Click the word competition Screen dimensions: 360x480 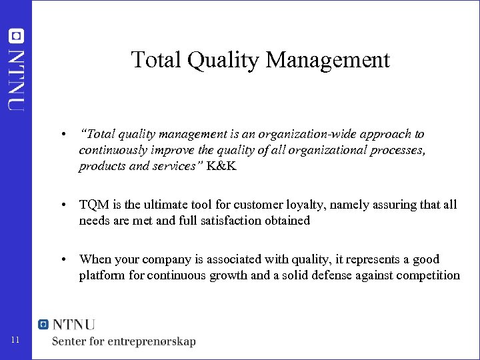pos(427,275)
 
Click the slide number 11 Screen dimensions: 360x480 pos(17,341)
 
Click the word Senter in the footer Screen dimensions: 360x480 pos(71,341)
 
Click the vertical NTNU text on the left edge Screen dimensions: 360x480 pos(17,78)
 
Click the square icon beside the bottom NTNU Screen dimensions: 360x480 pos(44,325)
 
